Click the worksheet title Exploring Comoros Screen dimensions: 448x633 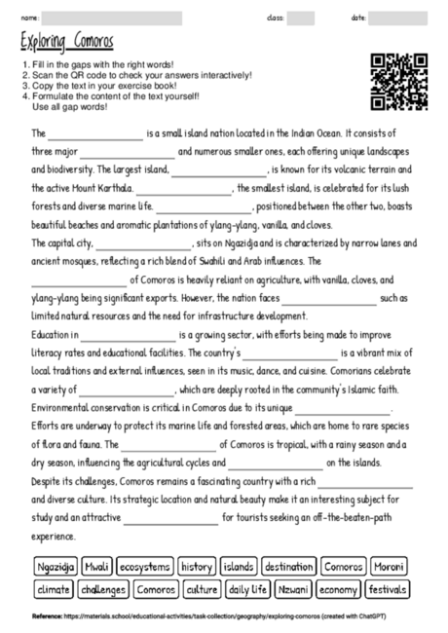click(66, 42)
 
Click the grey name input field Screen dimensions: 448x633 click(112, 18)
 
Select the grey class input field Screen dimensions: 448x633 click(300, 18)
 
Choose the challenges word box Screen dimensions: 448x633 click(103, 589)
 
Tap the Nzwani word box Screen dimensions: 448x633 click(298, 589)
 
